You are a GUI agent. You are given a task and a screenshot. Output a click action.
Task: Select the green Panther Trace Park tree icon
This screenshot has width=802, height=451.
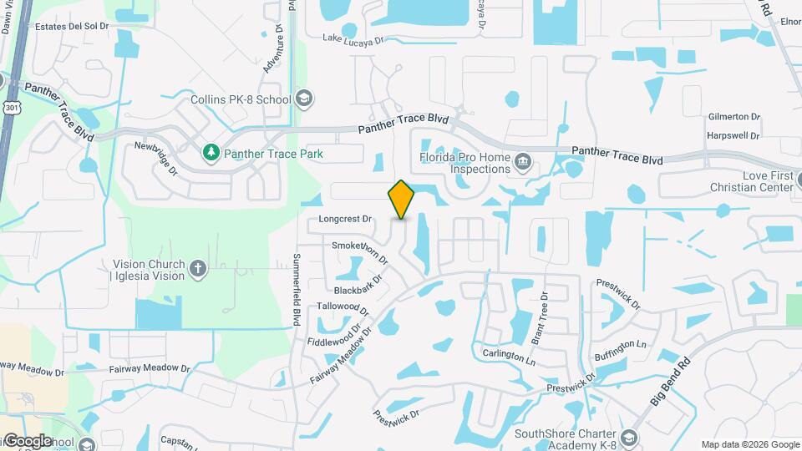tap(211, 153)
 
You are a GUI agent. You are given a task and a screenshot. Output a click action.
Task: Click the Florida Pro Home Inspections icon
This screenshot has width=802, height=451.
tap(523, 161)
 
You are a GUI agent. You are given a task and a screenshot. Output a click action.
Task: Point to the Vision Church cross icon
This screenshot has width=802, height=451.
tap(198, 268)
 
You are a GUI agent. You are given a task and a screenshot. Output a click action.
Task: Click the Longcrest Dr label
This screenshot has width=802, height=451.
tap(345, 220)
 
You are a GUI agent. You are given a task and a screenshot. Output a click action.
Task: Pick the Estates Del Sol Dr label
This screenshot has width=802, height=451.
tap(72, 27)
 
